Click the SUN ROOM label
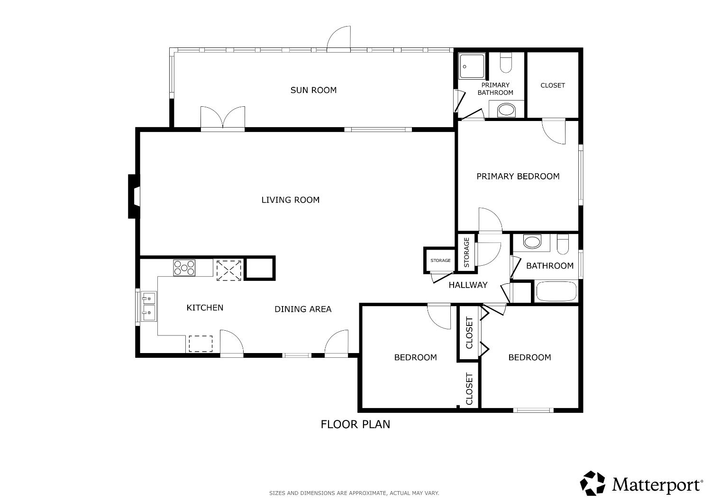pyautogui.click(x=313, y=90)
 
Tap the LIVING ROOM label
pyautogui.click(x=291, y=200)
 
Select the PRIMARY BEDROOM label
pyautogui.click(x=518, y=177)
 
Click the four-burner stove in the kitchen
pyautogui.click(x=184, y=268)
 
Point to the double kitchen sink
pyautogui.click(x=148, y=306)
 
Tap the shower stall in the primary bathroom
pyautogui.click(x=472, y=66)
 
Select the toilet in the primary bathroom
pyautogui.click(x=506, y=63)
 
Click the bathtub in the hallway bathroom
pyautogui.click(x=556, y=291)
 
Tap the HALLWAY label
pyautogui.click(x=468, y=285)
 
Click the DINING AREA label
pyautogui.click(x=303, y=309)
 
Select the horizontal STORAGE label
pyautogui.click(x=440, y=261)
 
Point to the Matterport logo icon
pyautogui.click(x=593, y=483)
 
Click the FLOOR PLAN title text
pyautogui.click(x=355, y=424)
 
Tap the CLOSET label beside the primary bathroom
pyautogui.click(x=553, y=85)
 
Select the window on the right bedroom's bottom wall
pyautogui.click(x=533, y=410)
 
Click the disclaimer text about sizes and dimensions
pyautogui.click(x=354, y=494)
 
